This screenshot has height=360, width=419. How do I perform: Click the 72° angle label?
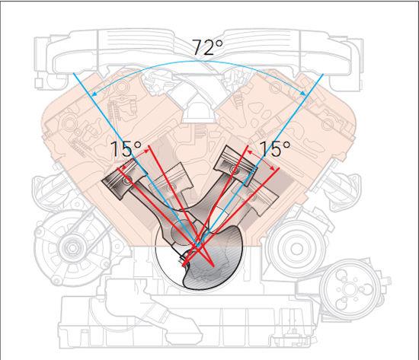[x=207, y=47]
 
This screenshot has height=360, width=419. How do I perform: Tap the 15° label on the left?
[x=126, y=148]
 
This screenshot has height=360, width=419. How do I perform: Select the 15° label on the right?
[x=275, y=148]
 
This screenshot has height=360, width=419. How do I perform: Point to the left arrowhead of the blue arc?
[x=94, y=94]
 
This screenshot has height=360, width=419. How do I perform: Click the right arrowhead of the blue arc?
[x=303, y=93]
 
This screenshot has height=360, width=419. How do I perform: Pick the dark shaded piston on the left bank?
[x=124, y=179]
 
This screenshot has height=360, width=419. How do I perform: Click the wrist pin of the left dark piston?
[x=127, y=180]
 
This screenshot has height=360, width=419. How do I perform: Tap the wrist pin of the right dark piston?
[x=235, y=169]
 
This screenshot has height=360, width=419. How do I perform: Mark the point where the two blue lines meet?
[x=198, y=246]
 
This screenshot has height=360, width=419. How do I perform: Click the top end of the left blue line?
[x=73, y=73]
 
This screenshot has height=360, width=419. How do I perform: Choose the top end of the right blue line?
[x=323, y=74]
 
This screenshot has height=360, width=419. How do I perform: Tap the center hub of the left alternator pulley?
[x=72, y=248]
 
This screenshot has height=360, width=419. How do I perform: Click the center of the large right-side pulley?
[x=296, y=249]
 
